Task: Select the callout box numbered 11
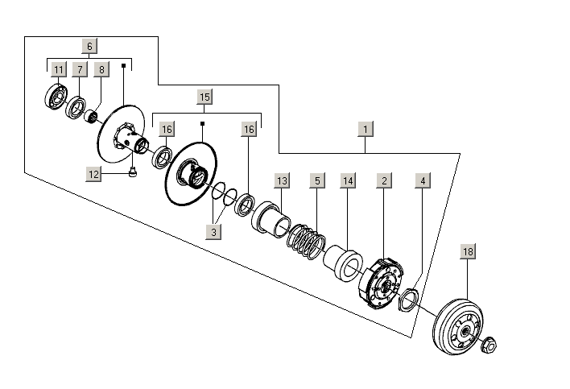[59, 70]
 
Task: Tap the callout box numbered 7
[79, 70]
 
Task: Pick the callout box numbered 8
[101, 70]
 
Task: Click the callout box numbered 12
[94, 172]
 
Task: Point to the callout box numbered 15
[204, 97]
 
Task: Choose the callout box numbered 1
[366, 129]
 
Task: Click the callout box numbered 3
[213, 232]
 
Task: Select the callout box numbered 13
[281, 181]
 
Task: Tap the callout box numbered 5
[318, 181]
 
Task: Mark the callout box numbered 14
[348, 181]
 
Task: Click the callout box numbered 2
[385, 181]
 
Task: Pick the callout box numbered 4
[422, 181]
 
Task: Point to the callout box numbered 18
[468, 252]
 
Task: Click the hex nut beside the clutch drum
[489, 346]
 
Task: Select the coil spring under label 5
[305, 240]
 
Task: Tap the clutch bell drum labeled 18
[456, 326]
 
